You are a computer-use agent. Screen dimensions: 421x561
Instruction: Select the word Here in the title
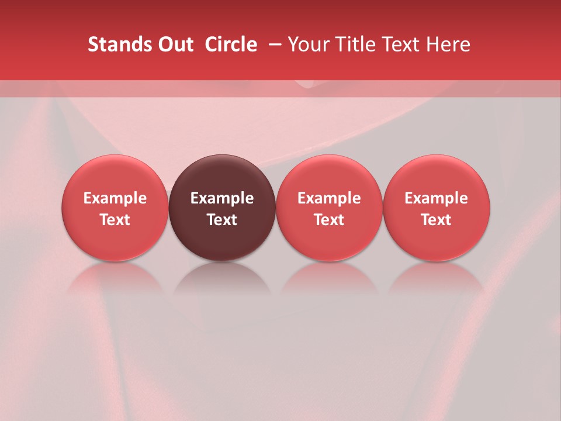pos(448,44)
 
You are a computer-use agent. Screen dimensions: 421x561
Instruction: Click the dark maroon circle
pos(222,175)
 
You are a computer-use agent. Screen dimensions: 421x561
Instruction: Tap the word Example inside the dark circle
pos(222,198)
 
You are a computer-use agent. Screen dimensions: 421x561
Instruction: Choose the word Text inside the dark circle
pos(222,220)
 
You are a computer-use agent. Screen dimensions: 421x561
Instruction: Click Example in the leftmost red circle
pos(115,198)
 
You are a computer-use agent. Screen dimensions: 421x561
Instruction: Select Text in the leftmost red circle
pos(115,220)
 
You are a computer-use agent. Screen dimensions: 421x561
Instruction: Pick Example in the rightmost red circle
pos(437,198)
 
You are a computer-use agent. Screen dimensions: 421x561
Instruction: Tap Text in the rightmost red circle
pos(437,220)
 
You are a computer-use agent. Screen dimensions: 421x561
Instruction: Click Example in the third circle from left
pos(329,198)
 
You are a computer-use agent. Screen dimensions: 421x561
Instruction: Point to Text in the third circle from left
pos(329,220)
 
